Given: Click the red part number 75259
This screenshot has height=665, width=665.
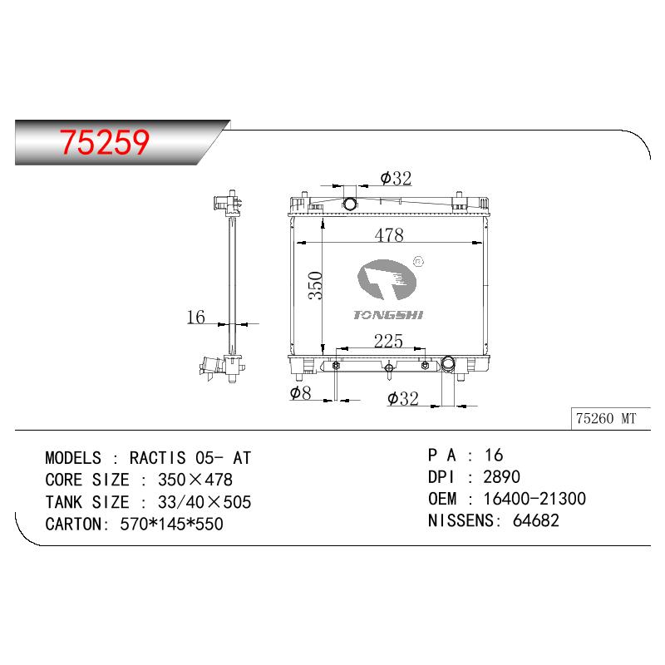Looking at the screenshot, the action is coord(105,141).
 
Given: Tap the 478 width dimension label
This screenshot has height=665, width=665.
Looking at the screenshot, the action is coord(389,234).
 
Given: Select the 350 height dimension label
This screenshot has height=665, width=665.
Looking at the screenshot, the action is coord(316,285).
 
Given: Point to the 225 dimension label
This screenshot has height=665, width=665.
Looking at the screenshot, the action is coord(388,341).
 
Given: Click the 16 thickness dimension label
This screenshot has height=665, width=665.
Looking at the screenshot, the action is coord(195,317).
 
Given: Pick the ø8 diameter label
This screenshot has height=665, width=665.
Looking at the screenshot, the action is coord(300,392).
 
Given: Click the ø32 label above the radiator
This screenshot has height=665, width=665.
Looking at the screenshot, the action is coord(396,178).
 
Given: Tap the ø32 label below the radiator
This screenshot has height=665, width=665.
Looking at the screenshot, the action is coord(402,398).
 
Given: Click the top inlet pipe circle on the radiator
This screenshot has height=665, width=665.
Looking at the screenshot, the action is coord(350,204).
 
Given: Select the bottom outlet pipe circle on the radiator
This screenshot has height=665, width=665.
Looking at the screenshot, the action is coord(448,363).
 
